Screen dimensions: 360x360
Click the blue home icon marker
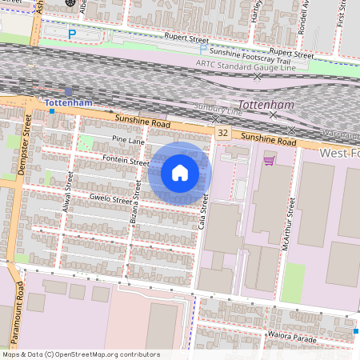[180, 172]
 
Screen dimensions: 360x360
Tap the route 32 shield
[222, 133]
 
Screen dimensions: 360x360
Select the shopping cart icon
[270, 160]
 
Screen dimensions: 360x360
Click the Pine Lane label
[128, 140]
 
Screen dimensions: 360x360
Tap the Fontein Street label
[126, 161]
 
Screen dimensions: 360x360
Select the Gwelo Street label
[110, 200]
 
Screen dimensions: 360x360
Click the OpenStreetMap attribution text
[80, 354]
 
